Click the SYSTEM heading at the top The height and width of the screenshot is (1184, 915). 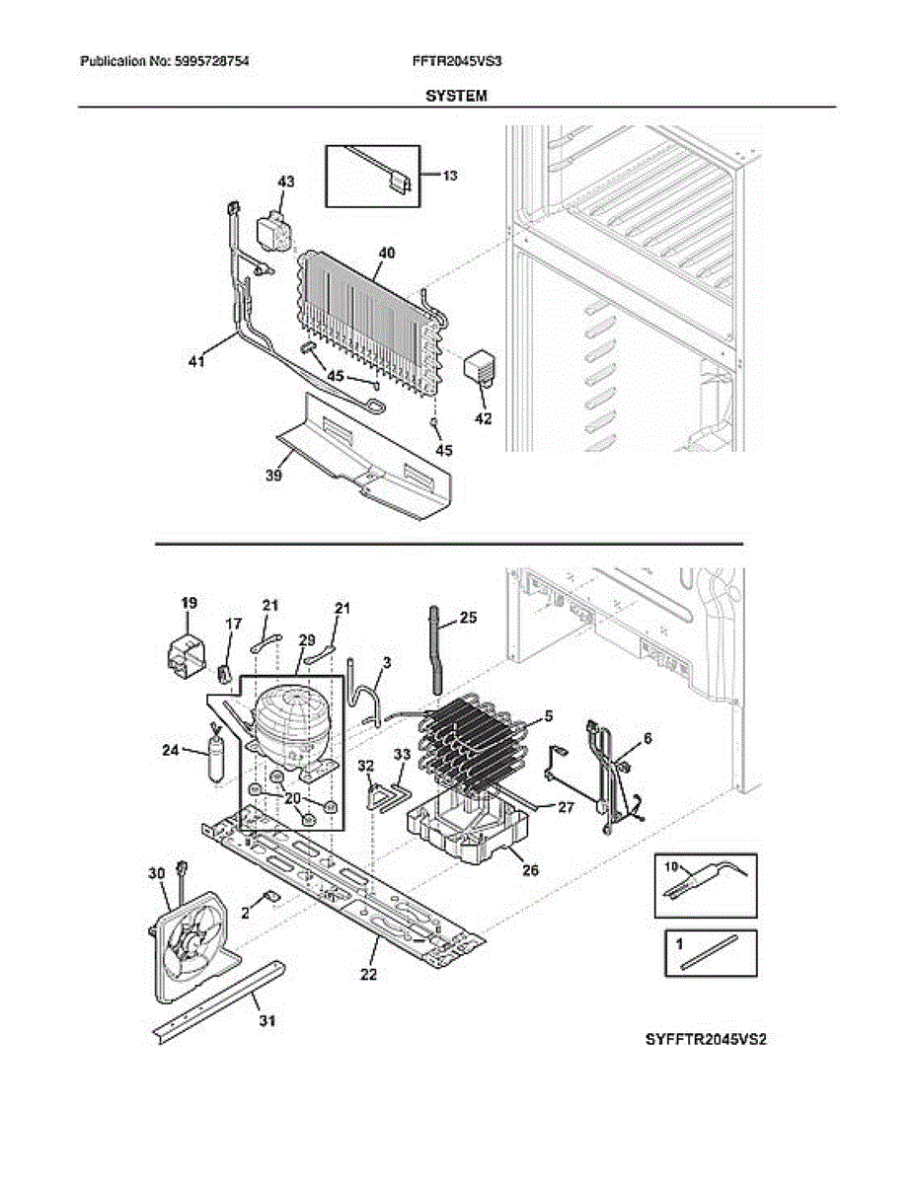pyautogui.click(x=456, y=96)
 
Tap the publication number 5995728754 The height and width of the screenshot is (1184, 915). pyautogui.click(x=211, y=61)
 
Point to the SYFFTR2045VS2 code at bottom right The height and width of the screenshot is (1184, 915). pyautogui.click(x=706, y=1040)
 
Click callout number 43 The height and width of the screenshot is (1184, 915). pyautogui.click(x=285, y=183)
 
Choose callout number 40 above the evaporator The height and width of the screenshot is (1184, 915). pyautogui.click(x=386, y=253)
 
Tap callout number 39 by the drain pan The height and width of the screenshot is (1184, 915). pyautogui.click(x=274, y=476)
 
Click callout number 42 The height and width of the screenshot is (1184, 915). pyautogui.click(x=483, y=417)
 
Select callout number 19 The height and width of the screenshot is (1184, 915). pyautogui.click(x=189, y=602)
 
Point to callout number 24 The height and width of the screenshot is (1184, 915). pyautogui.click(x=170, y=750)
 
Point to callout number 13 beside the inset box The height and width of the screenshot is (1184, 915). pyautogui.click(x=449, y=176)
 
